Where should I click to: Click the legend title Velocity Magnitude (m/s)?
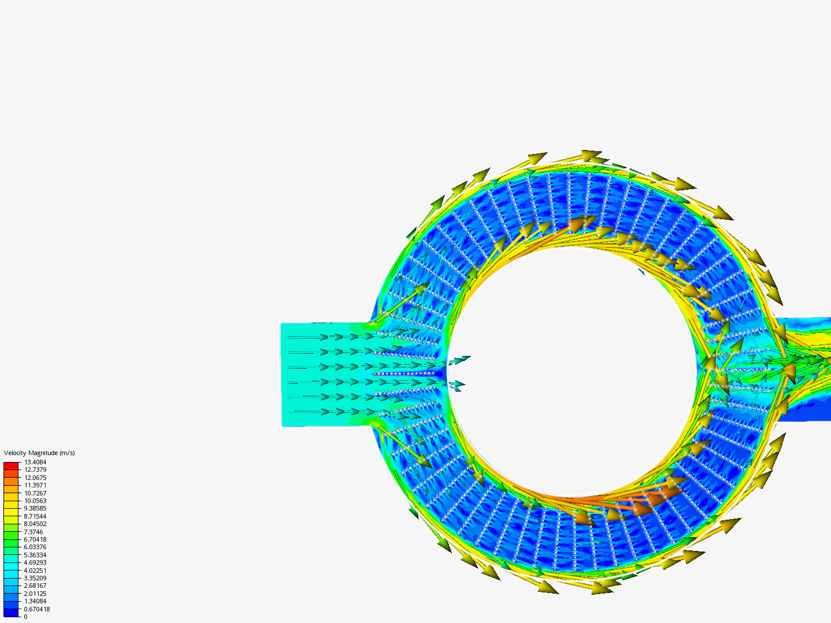(39, 453)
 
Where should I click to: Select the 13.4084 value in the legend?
(35, 462)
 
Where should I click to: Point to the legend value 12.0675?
(35, 478)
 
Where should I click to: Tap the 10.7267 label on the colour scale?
(35, 493)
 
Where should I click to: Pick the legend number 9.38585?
(35, 508)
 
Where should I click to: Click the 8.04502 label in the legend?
(35, 524)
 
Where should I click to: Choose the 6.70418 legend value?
(35, 539)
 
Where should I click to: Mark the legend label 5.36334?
(35, 554)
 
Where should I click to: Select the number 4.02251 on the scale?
(35, 570)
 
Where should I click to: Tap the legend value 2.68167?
(35, 586)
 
